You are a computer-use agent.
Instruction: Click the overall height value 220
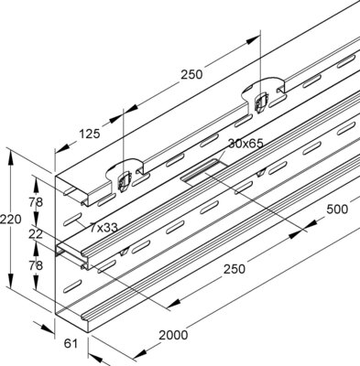[8, 220]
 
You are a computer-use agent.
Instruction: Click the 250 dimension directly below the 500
[234, 269]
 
